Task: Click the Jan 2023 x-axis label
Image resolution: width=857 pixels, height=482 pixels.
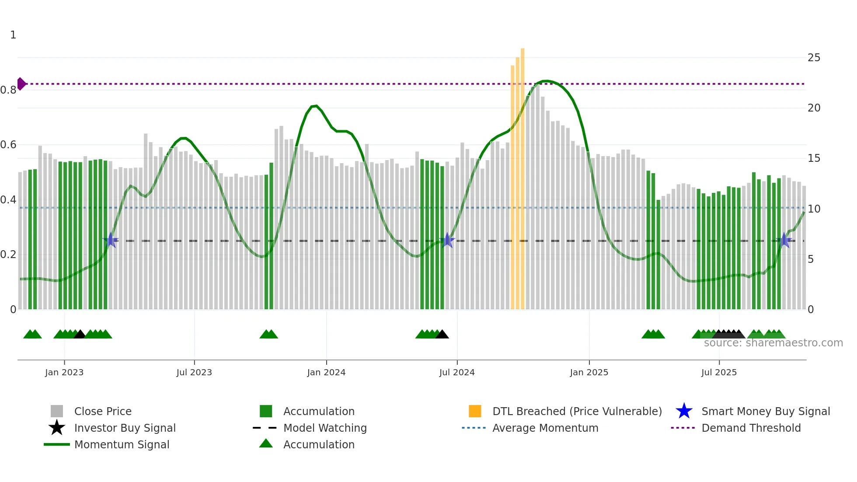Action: click(64, 372)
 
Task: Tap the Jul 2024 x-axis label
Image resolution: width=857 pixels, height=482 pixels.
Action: click(457, 372)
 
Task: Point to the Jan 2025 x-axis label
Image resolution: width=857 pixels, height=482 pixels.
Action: click(589, 372)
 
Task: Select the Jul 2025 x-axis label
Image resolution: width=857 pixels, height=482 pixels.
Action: click(719, 372)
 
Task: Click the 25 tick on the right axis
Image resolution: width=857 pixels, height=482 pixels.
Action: click(814, 58)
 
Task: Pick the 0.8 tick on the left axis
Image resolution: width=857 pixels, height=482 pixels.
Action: click(8, 90)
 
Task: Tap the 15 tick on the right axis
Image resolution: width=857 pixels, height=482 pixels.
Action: click(814, 158)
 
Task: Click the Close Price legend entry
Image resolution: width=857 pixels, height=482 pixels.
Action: click(103, 411)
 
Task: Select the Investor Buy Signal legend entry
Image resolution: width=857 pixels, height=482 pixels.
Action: click(125, 428)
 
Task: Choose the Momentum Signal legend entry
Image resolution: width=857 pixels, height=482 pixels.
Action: click(122, 444)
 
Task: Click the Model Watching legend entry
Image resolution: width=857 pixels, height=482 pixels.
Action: click(325, 428)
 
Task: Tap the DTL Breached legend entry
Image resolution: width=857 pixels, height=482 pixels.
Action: click(577, 411)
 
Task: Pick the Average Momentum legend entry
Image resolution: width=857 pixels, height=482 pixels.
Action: click(545, 428)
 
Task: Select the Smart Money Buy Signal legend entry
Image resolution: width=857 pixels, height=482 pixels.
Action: click(766, 411)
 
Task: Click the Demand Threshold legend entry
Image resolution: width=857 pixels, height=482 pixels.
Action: click(751, 428)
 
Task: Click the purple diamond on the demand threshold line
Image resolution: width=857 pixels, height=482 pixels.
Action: click(21, 84)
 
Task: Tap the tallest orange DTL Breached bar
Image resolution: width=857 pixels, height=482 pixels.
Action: click(523, 175)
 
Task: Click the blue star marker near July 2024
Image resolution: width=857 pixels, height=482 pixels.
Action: click(447, 240)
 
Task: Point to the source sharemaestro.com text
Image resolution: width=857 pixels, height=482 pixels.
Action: click(773, 343)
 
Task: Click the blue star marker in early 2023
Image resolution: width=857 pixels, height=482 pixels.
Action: click(111, 240)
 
